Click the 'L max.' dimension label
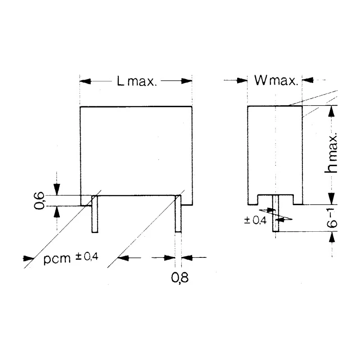(x=137, y=81)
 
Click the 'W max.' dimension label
(x=276, y=81)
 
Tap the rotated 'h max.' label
(x=331, y=153)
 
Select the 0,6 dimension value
(x=39, y=200)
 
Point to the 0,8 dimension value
(x=180, y=277)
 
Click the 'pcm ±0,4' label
(x=71, y=258)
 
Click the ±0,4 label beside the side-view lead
(x=255, y=220)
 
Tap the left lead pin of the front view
(x=95, y=214)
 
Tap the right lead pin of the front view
(x=178, y=213)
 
